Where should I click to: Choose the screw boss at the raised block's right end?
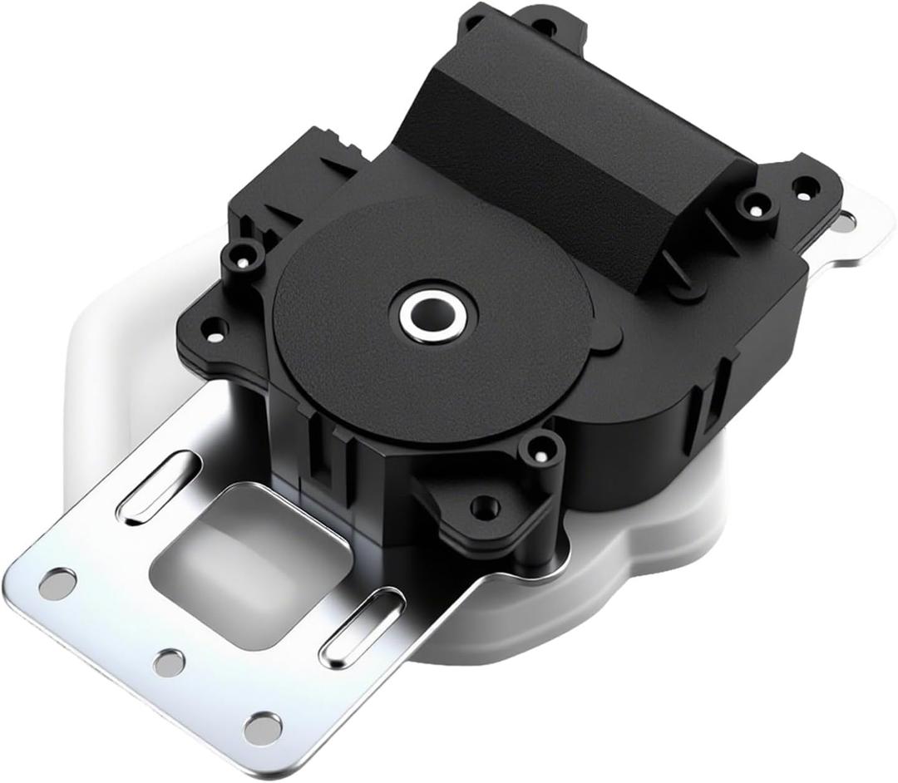pos(757,199)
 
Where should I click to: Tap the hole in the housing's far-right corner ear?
pos(802,185)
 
